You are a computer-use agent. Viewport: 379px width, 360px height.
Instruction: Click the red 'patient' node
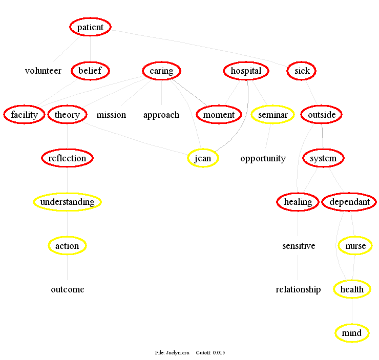[90, 27]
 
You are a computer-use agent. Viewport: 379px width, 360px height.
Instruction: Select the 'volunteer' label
[43, 71]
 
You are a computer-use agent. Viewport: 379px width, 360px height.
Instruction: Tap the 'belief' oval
[90, 71]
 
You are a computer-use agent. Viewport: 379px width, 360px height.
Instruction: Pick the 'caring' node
[161, 71]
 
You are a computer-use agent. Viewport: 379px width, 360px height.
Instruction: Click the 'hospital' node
[246, 71]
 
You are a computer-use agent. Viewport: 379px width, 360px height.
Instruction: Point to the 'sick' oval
[302, 71]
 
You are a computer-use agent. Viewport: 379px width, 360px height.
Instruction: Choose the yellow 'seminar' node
[272, 115]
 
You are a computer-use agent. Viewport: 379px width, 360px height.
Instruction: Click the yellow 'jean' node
[203, 158]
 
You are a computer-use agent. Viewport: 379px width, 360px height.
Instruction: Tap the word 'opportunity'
[263, 158]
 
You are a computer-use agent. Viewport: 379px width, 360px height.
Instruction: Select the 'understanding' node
[67, 202]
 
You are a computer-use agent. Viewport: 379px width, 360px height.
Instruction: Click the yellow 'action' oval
[67, 246]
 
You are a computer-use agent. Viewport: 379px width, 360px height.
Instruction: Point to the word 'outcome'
[67, 289]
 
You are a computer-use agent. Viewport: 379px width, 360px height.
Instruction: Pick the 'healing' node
[298, 202]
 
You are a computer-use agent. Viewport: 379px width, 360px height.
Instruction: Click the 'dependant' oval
[350, 202]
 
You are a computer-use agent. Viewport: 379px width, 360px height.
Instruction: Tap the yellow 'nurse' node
[355, 246]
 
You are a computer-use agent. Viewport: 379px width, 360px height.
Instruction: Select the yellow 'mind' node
[352, 333]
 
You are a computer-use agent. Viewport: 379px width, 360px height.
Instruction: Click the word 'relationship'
[298, 289]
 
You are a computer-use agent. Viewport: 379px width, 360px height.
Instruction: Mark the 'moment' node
[219, 115]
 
